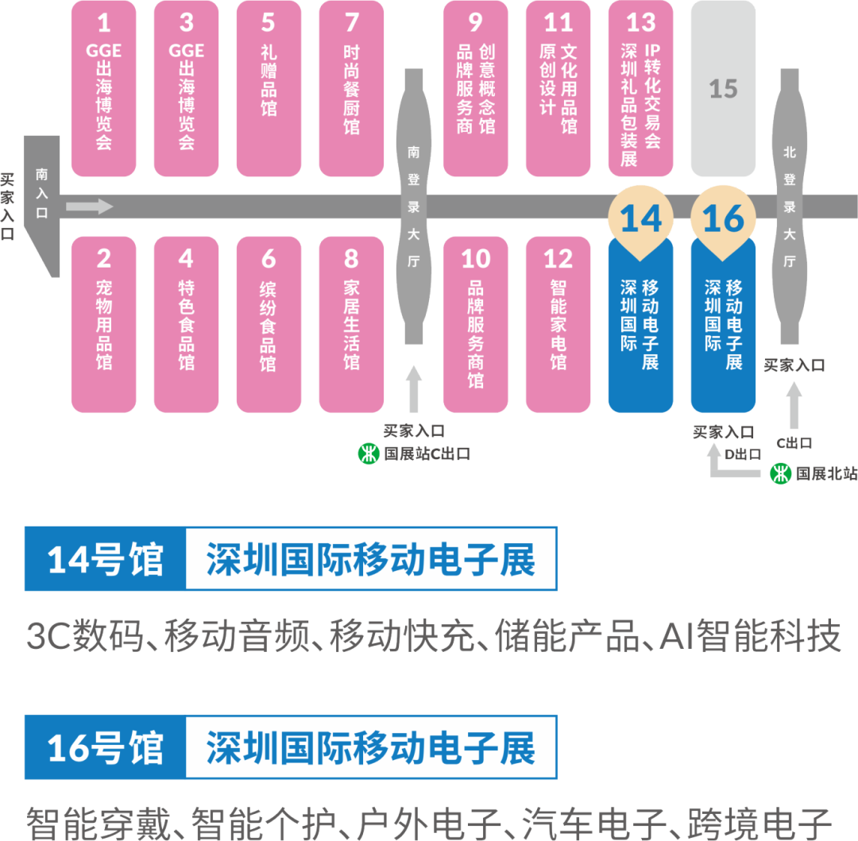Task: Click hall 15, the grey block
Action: coord(723,88)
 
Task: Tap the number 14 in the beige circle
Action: coord(640,218)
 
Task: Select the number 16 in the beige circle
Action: coord(723,218)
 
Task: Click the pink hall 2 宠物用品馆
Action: coord(104,324)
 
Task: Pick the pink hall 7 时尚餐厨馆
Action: coord(351,88)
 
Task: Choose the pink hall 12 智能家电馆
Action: coord(558,324)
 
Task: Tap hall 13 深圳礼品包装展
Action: coord(640,88)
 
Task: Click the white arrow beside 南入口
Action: coord(89,207)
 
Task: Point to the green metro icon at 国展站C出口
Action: coord(368,454)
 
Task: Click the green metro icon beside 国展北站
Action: coord(782,473)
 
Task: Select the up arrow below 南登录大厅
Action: coord(413,389)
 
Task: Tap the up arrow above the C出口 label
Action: coord(794,405)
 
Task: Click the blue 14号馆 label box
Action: coord(105,559)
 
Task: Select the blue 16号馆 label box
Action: coord(105,747)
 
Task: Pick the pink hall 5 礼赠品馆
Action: coord(269,88)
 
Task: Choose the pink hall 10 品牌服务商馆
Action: coord(475,324)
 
